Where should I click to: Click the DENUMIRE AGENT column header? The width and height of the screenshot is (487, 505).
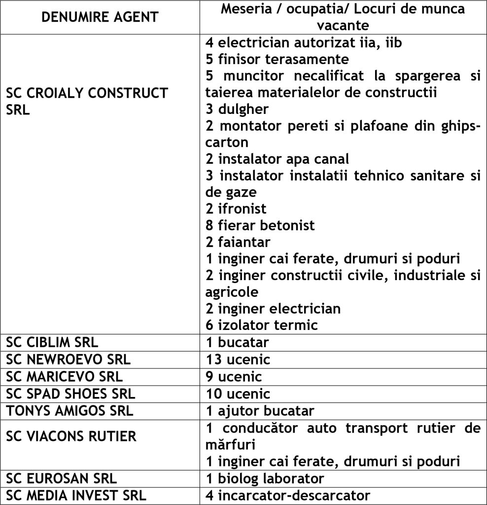(100, 17)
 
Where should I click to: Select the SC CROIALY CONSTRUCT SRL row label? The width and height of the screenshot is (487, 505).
(87, 101)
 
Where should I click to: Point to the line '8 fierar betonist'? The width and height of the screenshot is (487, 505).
(260, 225)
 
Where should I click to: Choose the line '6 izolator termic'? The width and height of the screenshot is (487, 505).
(262, 325)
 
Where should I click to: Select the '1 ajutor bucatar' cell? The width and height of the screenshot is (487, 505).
(260, 410)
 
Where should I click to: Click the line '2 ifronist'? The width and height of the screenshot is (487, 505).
(236, 209)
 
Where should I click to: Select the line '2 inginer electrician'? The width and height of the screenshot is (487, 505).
(273, 309)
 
